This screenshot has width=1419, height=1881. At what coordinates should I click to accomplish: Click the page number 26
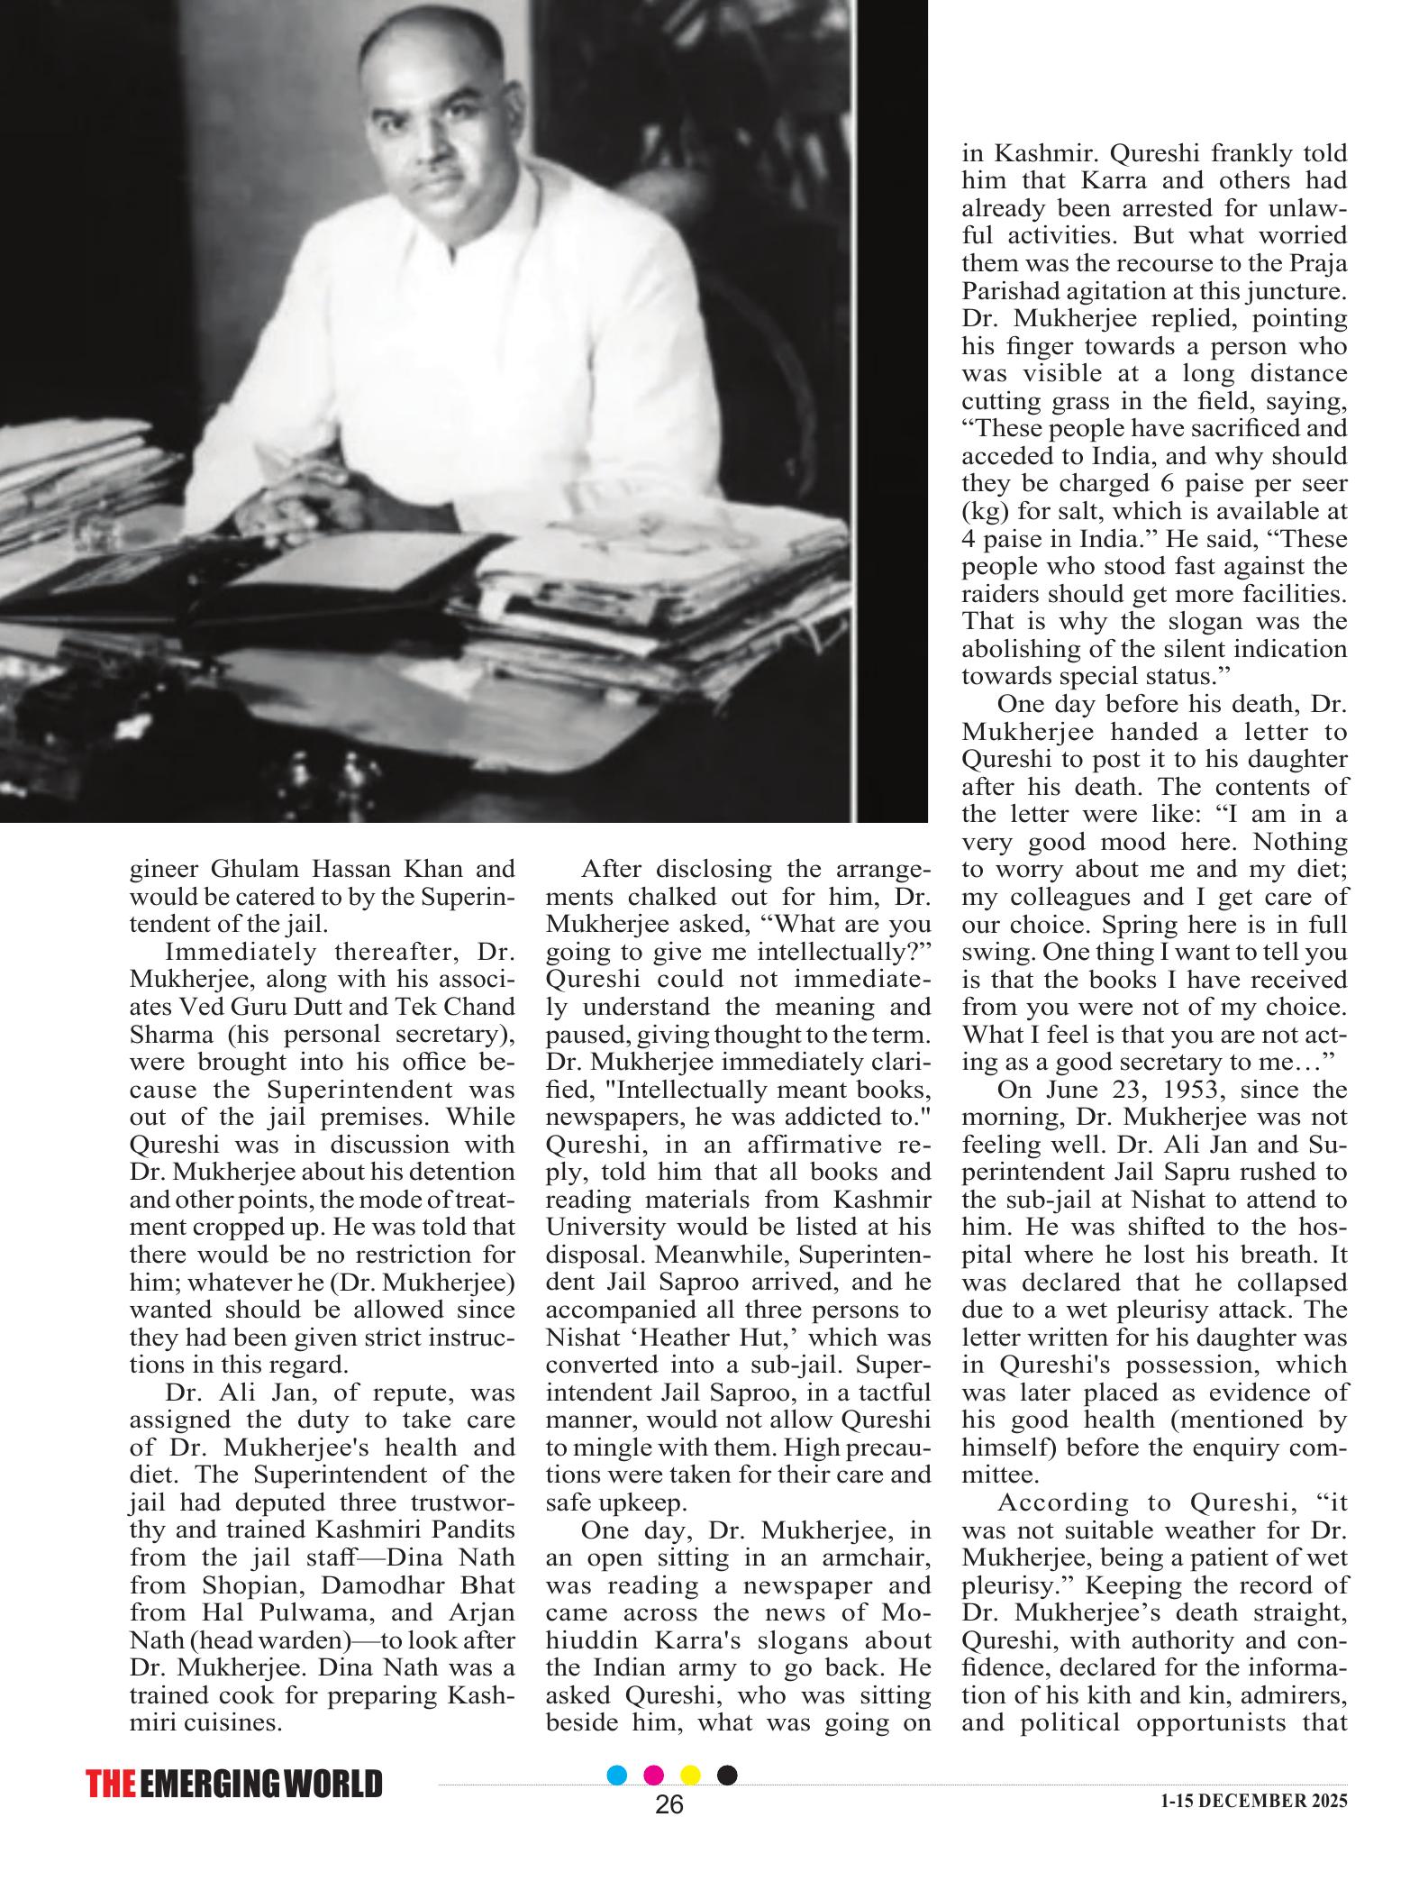tap(669, 1804)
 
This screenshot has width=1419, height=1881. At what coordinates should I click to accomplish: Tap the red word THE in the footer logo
tap(111, 1785)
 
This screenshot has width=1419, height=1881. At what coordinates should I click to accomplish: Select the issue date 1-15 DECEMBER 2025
tap(1253, 1801)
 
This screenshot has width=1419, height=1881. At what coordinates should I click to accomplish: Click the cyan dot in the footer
tap(617, 1776)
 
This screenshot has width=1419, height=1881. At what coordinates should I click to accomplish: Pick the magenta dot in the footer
tap(654, 1776)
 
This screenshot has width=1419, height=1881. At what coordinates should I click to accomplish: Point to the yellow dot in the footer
tap(690, 1776)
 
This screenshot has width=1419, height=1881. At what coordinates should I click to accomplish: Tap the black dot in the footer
tap(727, 1776)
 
